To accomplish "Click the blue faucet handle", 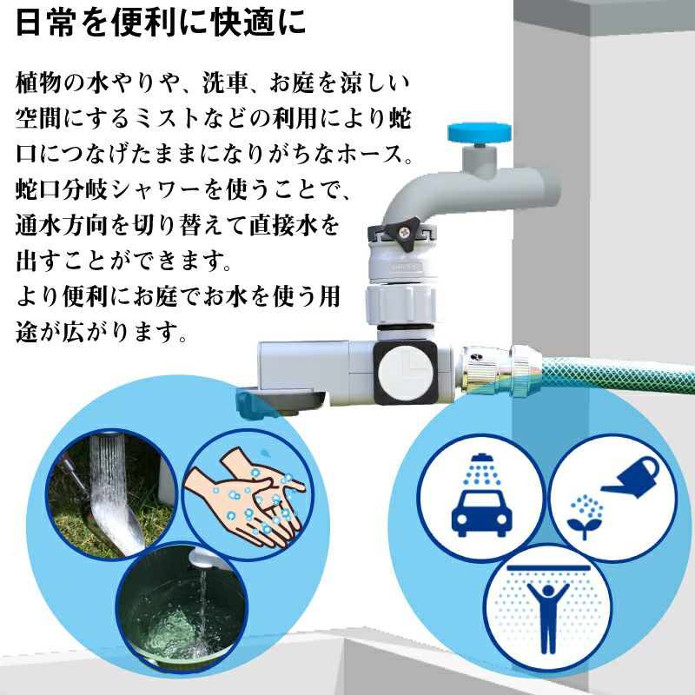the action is (x=480, y=132).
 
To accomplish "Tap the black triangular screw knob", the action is (x=400, y=233).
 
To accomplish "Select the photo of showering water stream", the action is (x=112, y=494).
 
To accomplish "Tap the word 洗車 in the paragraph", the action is (x=224, y=83).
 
